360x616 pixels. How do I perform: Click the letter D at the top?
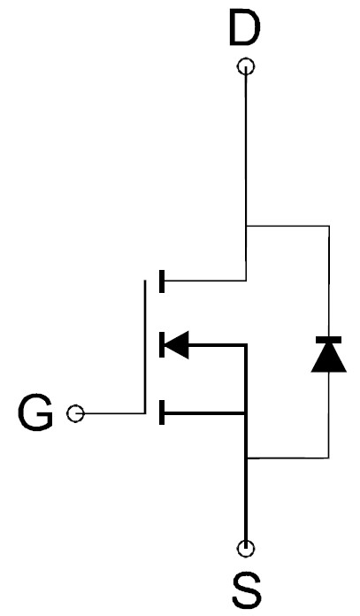pyautogui.click(x=244, y=28)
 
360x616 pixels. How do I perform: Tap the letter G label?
pyautogui.click(x=35, y=413)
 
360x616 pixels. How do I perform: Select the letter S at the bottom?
pyautogui.click(x=247, y=590)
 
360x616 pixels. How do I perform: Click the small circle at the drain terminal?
pyautogui.click(x=246, y=66)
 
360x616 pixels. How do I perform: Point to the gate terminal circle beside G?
pyautogui.click(x=75, y=413)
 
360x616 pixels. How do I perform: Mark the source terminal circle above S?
pyautogui.click(x=246, y=549)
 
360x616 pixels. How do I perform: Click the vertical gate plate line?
pyautogui.click(x=145, y=347)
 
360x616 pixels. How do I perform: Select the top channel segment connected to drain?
pyautogui.click(x=162, y=281)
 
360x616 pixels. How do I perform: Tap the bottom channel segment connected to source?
pyautogui.click(x=162, y=412)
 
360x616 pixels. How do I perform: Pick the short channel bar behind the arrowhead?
pyautogui.click(x=162, y=345)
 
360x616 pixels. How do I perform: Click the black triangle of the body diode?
pyautogui.click(x=328, y=358)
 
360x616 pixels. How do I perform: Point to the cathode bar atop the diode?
pyautogui.click(x=328, y=340)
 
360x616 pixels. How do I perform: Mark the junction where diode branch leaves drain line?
pyautogui.click(x=246, y=226)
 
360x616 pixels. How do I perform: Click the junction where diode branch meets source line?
pyautogui.click(x=247, y=458)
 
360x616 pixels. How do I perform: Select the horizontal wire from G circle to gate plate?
pyautogui.click(x=114, y=413)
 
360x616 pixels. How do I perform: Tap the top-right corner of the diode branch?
pyautogui.click(x=329, y=226)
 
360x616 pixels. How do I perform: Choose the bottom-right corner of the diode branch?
pyautogui.click(x=329, y=458)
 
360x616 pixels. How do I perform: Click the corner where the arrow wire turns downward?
pyautogui.click(x=246, y=345)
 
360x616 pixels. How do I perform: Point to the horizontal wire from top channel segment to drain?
pyautogui.click(x=205, y=281)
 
